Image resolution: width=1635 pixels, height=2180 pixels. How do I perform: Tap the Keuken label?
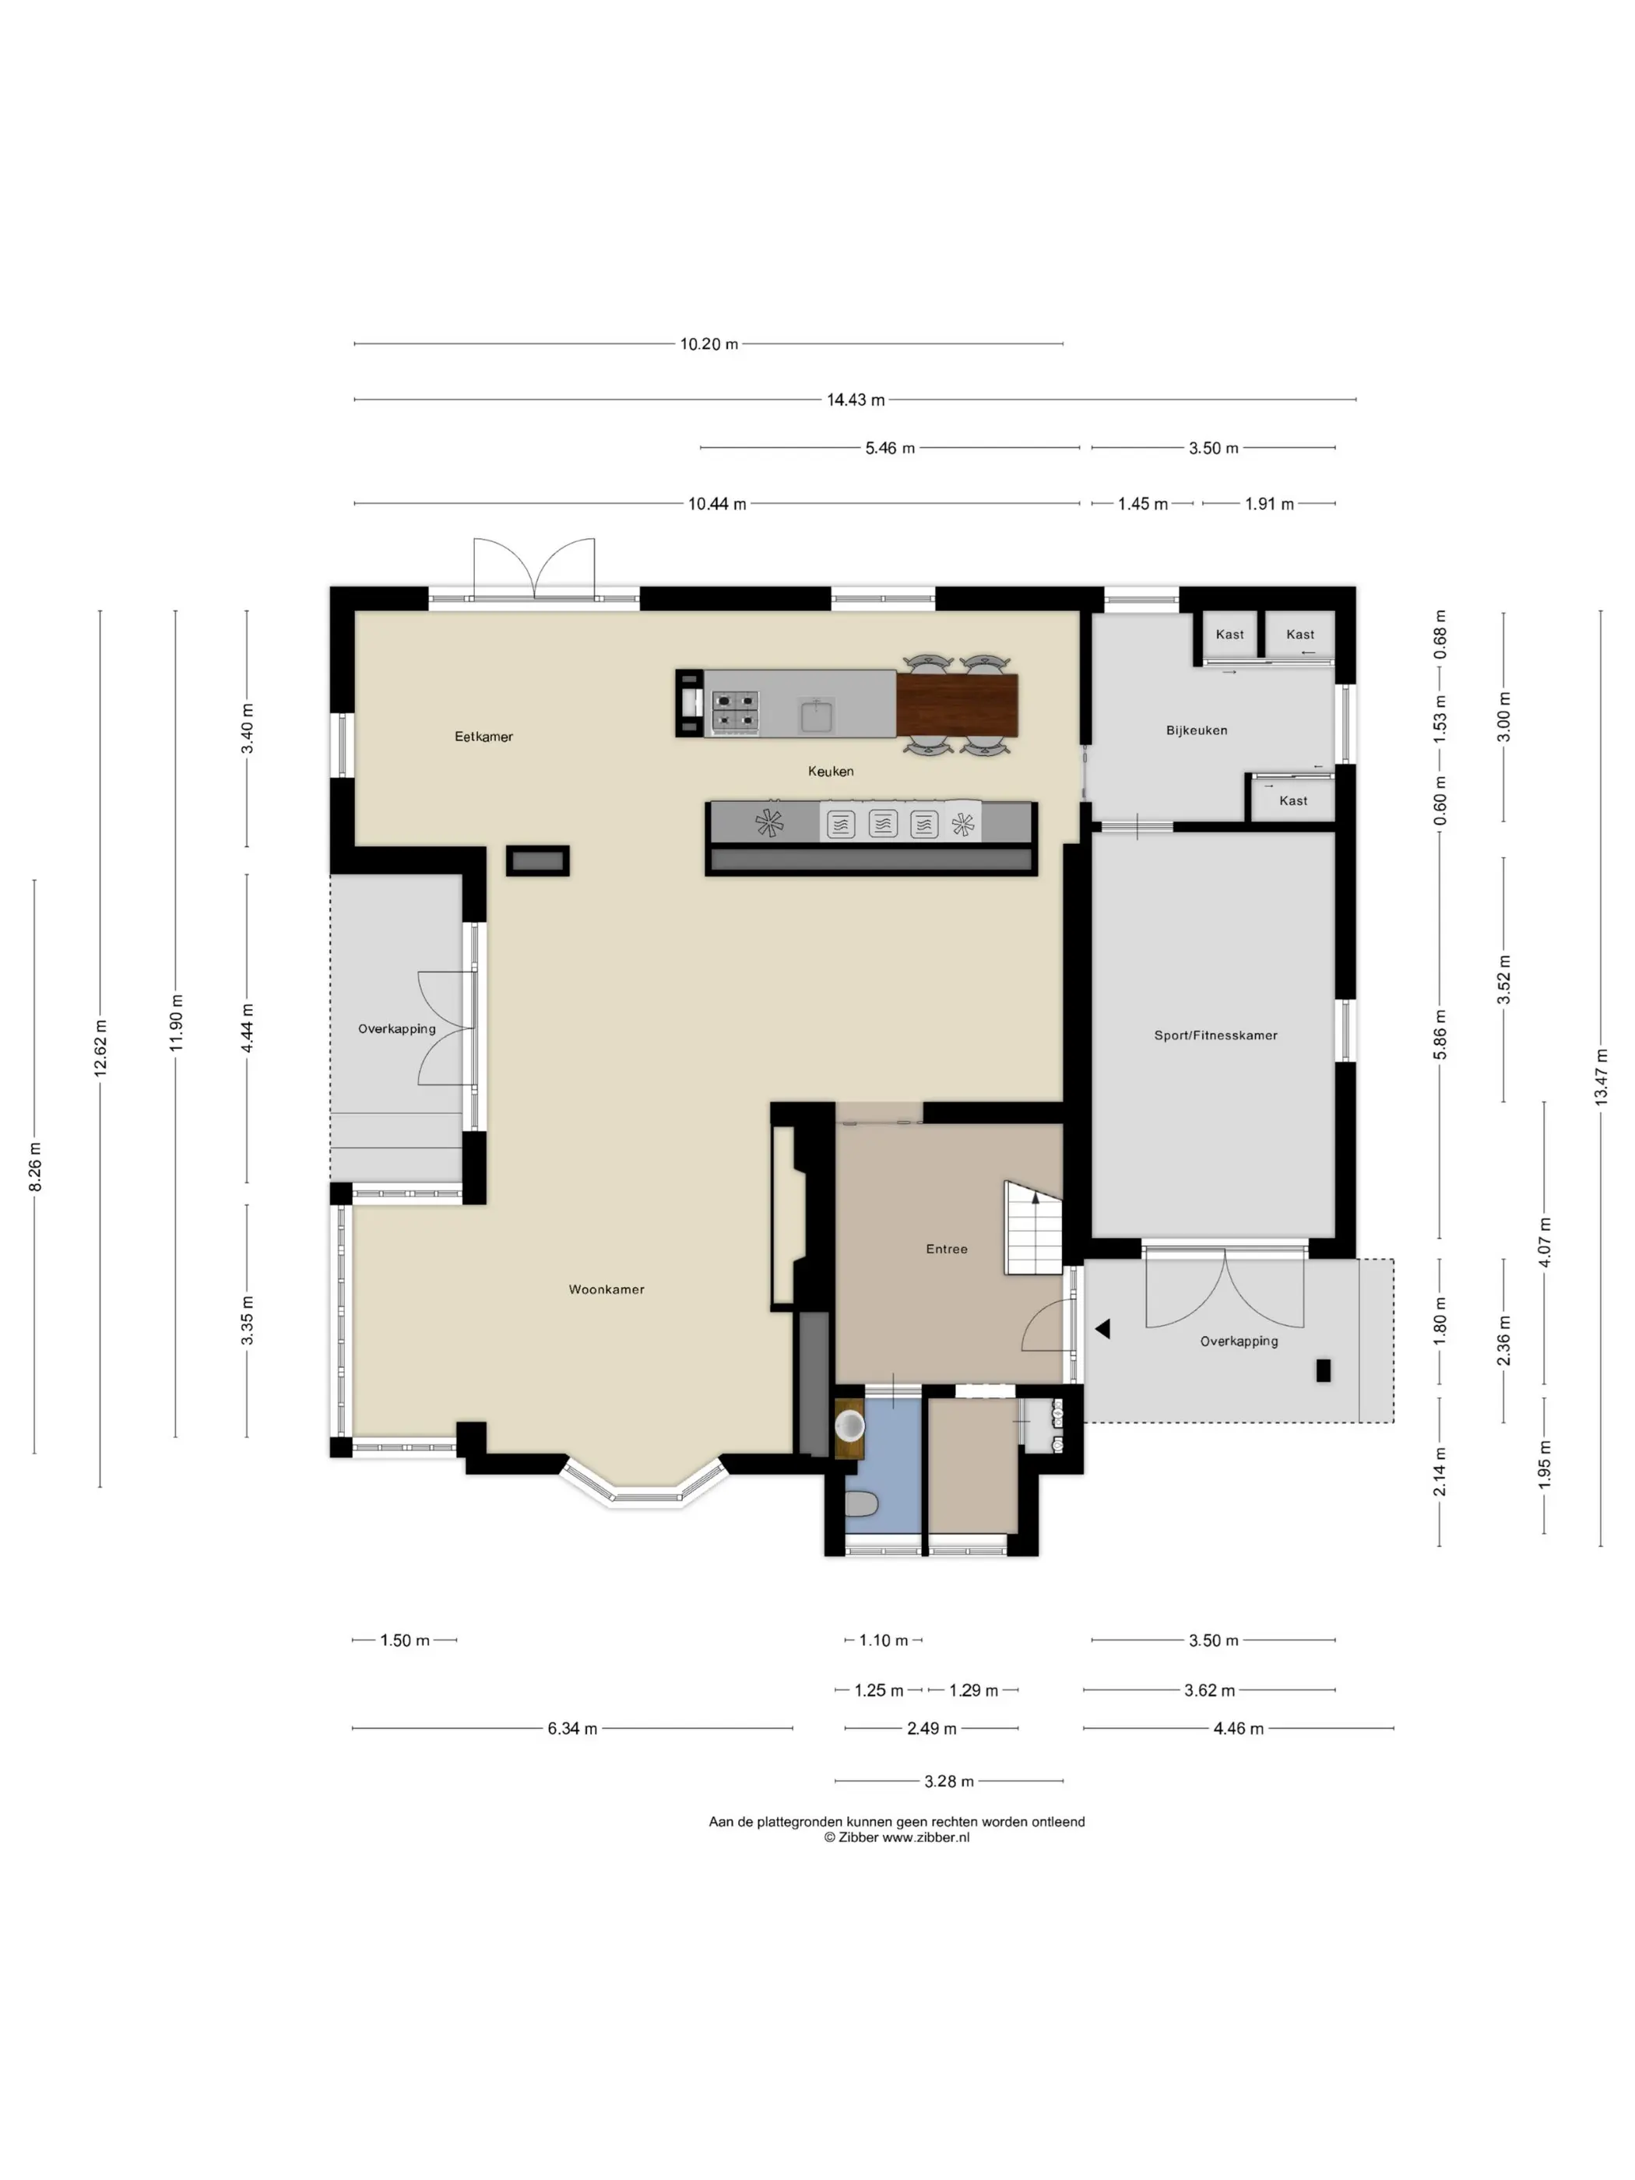click(831, 771)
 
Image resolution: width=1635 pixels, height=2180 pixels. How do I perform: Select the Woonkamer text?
click(606, 1289)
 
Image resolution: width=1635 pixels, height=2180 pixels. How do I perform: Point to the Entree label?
click(946, 1249)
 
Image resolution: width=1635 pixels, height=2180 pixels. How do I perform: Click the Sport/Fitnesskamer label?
click(1215, 1035)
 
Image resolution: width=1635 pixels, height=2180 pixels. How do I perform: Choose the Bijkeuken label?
click(1197, 730)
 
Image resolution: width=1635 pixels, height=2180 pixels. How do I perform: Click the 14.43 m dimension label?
click(856, 399)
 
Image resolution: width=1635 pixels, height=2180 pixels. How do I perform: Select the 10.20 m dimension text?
click(708, 344)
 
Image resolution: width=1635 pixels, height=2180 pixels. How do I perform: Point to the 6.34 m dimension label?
click(572, 1728)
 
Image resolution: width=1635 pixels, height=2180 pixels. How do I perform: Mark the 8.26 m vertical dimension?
click(34, 1167)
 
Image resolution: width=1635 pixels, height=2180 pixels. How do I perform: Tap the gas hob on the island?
click(735, 713)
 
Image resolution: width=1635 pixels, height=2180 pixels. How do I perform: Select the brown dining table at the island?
click(957, 705)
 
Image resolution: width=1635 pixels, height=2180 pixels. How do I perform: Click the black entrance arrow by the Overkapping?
click(1102, 1330)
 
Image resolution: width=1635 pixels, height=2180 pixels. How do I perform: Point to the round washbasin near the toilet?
click(849, 1424)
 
